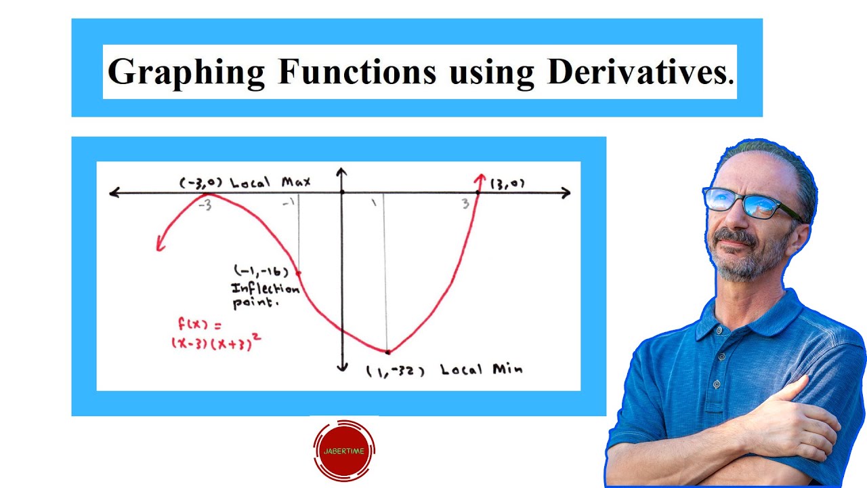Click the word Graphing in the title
[186, 72]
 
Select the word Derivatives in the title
[639, 72]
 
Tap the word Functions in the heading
[357, 72]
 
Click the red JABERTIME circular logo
[344, 449]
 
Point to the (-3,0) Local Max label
[245, 182]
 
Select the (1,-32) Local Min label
[444, 370]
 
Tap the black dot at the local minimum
[387, 352]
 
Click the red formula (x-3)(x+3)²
[216, 342]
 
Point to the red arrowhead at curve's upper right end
[480, 179]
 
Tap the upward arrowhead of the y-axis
[342, 171]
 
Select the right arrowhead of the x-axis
[566, 193]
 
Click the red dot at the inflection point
[299, 273]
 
